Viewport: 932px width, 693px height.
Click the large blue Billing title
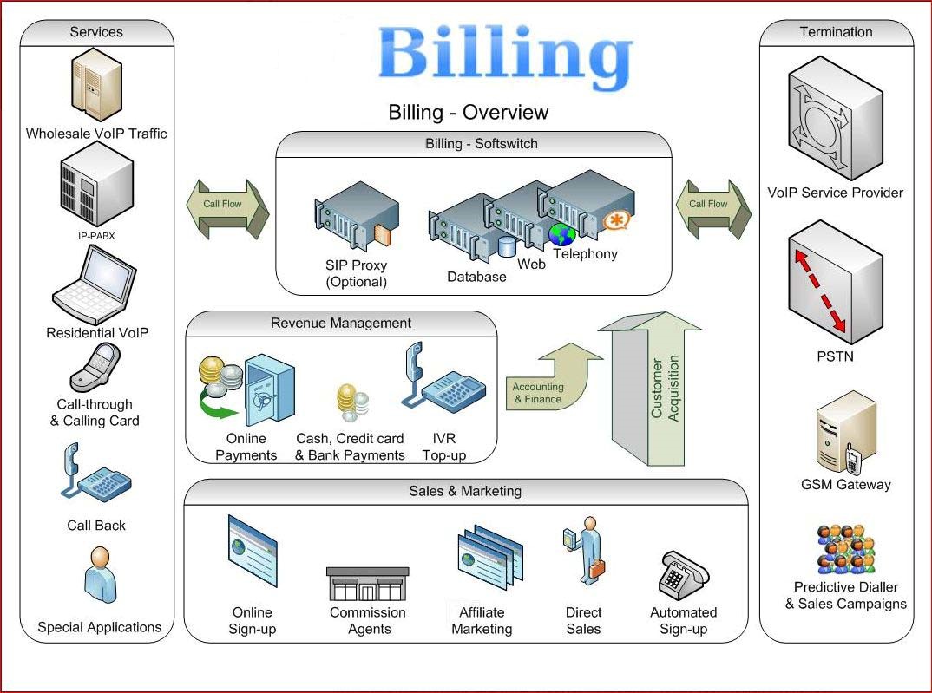pos(504,54)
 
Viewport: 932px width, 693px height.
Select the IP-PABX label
pos(96,234)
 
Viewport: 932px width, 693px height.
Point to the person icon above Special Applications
pos(99,575)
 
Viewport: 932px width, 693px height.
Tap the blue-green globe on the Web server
pos(561,234)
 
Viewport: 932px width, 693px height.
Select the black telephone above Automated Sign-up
pos(684,573)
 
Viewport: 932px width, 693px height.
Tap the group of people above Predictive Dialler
pos(845,548)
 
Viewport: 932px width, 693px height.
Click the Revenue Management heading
pos(341,323)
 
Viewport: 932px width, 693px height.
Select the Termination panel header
pos(836,32)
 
